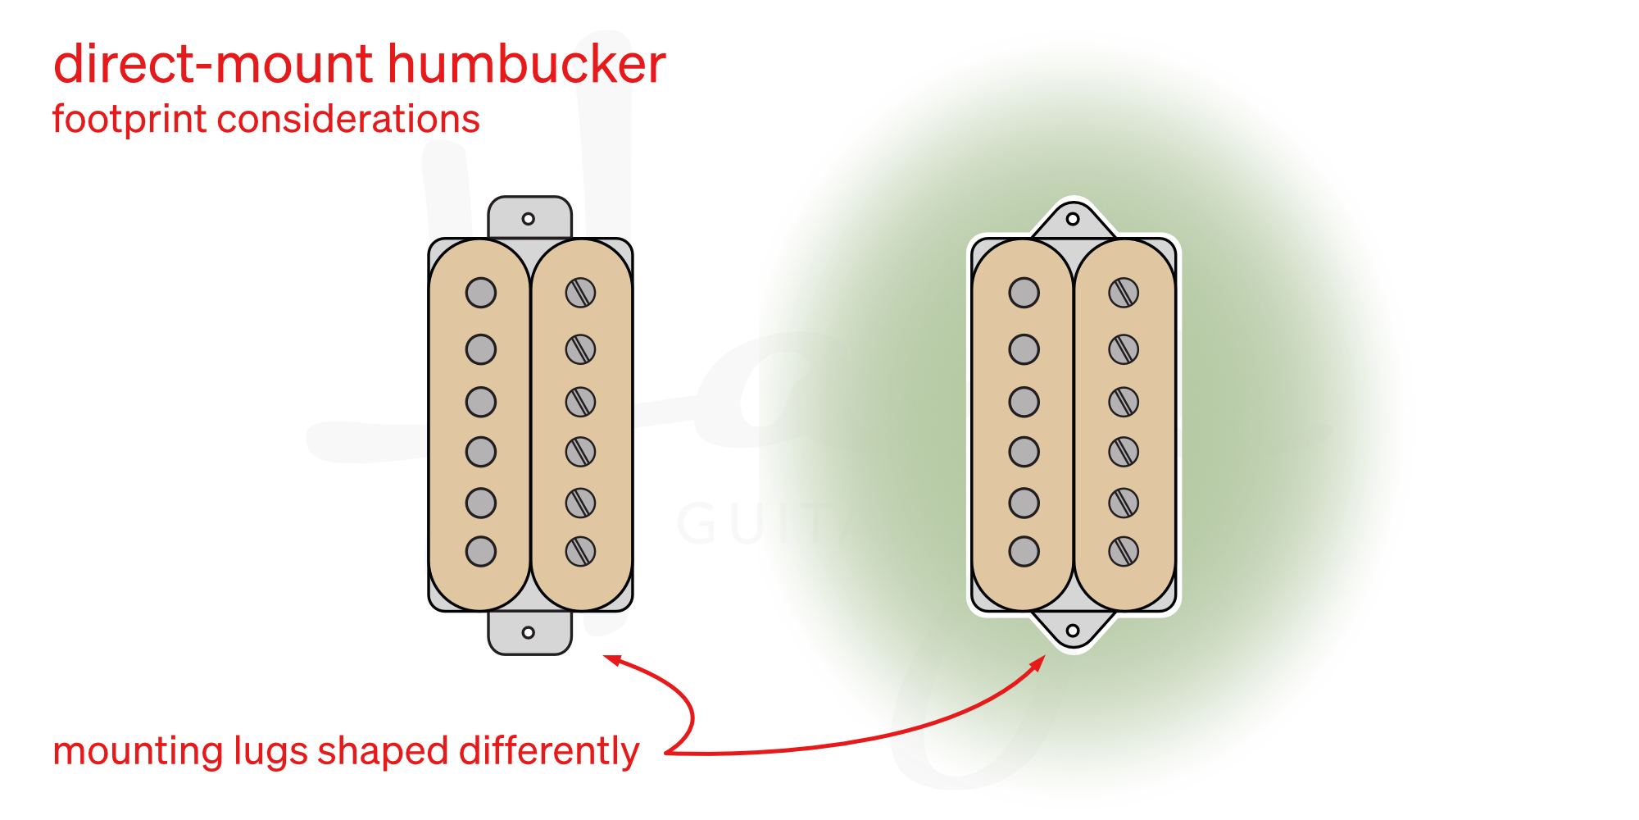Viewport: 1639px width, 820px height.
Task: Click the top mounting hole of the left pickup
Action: (x=529, y=219)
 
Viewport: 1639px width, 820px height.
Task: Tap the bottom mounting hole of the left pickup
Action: (x=529, y=633)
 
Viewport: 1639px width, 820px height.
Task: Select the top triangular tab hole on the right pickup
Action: (x=1073, y=219)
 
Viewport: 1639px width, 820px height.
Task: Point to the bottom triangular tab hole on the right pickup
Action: (x=1073, y=631)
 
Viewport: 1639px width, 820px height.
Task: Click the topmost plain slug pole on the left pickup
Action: (x=481, y=293)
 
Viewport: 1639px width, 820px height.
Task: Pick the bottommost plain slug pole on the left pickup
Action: (x=481, y=551)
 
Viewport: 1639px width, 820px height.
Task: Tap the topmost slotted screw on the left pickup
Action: (x=580, y=293)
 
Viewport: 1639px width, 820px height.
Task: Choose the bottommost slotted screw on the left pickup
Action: (x=580, y=551)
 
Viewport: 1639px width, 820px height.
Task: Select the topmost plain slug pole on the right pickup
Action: (x=1024, y=293)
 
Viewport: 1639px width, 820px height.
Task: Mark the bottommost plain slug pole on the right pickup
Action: (x=1024, y=551)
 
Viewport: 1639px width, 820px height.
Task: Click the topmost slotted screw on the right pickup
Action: (x=1124, y=293)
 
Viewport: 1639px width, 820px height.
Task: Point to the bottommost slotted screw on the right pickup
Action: (x=1124, y=551)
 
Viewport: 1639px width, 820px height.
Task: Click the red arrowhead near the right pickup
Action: (x=1038, y=662)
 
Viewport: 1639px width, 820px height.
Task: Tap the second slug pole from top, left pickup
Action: (x=481, y=349)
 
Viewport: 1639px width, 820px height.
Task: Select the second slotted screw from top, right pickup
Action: (x=1124, y=349)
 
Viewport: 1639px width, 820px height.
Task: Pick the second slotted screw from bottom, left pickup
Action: (x=580, y=503)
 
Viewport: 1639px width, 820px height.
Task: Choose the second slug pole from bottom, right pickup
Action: (x=1024, y=503)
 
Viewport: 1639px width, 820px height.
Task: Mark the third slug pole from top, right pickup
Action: (x=1024, y=402)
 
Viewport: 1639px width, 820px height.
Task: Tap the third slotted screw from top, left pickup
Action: (x=580, y=402)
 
